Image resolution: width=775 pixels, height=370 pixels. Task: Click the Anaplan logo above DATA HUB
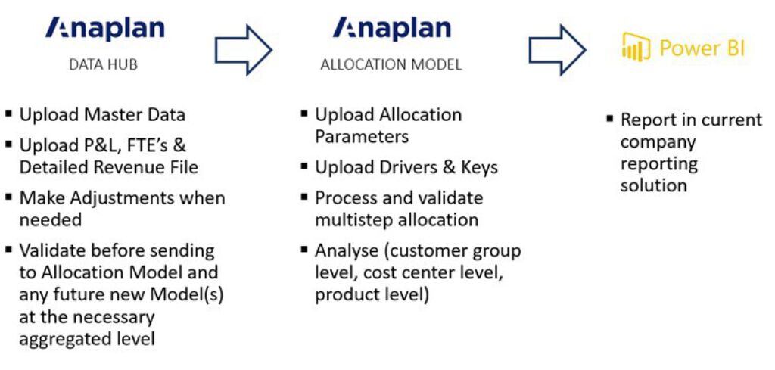(104, 29)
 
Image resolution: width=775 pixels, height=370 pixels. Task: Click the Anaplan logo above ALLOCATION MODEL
(391, 29)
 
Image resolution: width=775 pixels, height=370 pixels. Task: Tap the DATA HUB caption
(104, 64)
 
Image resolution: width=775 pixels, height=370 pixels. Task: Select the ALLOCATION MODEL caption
(391, 64)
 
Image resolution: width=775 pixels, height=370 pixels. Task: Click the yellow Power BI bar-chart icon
(636, 48)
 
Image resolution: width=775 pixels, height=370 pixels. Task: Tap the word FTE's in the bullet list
(151, 145)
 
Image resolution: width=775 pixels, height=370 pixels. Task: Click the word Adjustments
(129, 198)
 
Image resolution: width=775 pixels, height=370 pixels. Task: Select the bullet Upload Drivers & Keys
(406, 167)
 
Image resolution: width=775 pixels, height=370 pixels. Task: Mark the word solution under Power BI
(653, 185)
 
